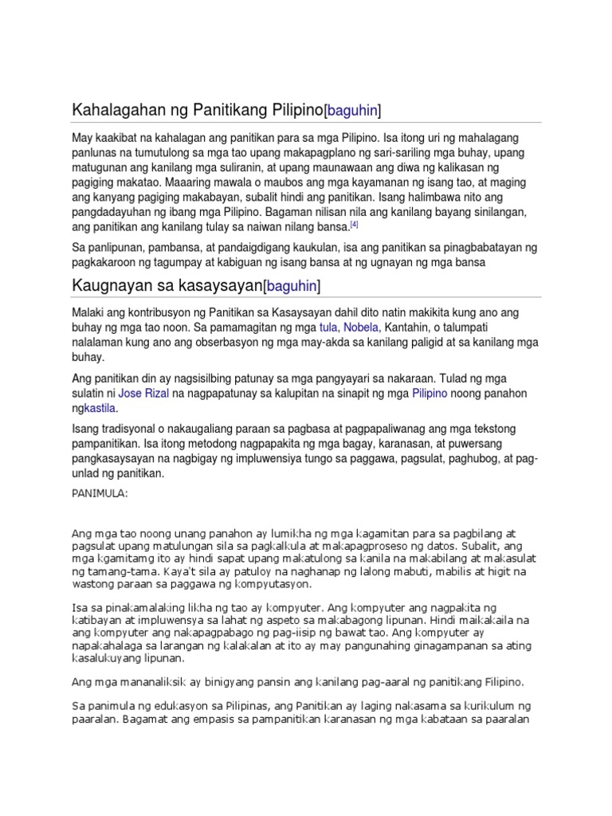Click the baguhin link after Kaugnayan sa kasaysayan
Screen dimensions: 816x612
pos(292,284)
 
